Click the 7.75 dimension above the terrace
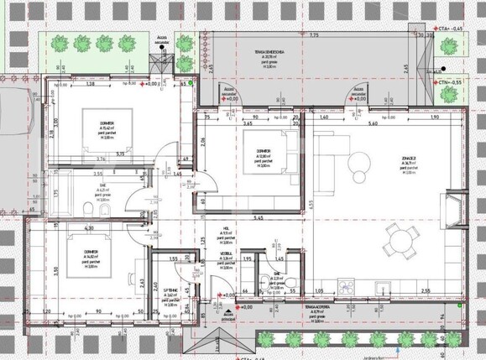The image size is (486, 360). pos(313,36)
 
